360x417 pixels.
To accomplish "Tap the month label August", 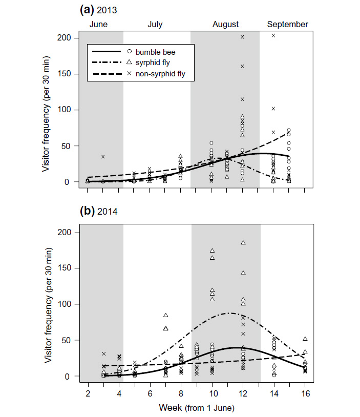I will point(226,24).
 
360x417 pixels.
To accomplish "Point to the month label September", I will point(287,24).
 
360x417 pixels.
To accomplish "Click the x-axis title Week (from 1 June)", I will point(196,408).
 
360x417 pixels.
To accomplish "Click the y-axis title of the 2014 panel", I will point(48,304).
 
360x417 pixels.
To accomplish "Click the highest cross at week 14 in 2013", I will point(273,35).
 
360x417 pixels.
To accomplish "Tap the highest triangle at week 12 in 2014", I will point(243,242).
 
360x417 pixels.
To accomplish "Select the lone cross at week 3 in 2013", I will point(103,156).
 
